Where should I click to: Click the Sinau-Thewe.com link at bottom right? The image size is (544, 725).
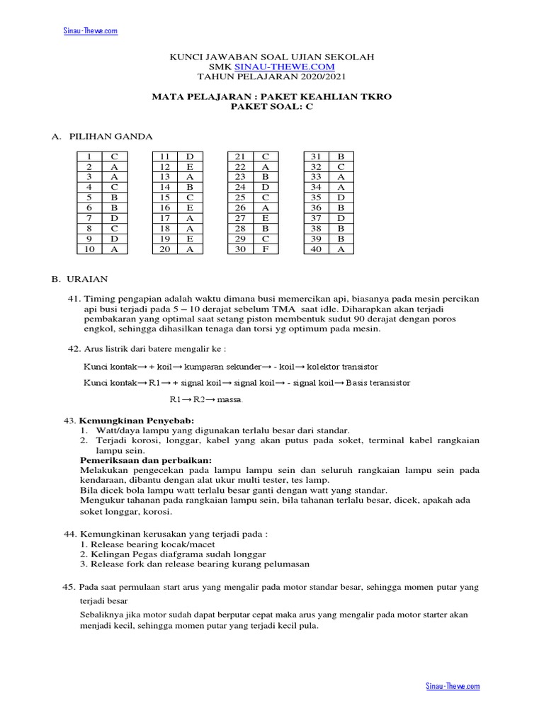(453, 686)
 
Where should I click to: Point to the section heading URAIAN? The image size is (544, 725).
(89, 280)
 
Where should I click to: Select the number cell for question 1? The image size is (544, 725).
(89, 156)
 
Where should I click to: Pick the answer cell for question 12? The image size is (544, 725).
(189, 166)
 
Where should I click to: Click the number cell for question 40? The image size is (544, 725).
(316, 249)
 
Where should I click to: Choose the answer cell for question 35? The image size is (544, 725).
(341, 198)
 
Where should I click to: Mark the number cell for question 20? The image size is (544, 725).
(164, 249)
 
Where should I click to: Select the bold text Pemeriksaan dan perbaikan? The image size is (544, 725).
(141, 460)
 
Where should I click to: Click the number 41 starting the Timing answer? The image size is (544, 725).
(74, 299)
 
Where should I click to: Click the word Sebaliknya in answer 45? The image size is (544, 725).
(104, 615)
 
